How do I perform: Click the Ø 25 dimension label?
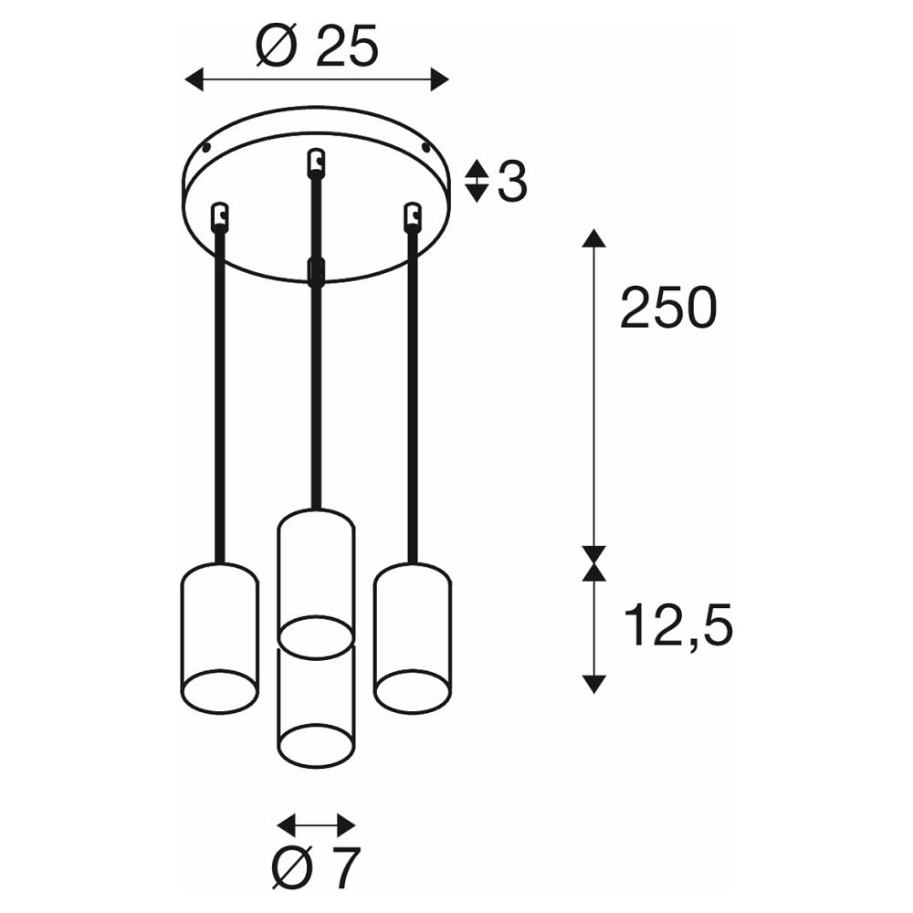pyautogui.click(x=317, y=45)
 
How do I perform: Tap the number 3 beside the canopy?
pyautogui.click(x=512, y=181)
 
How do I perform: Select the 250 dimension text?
pyautogui.click(x=668, y=308)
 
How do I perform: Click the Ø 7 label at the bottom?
pyautogui.click(x=316, y=866)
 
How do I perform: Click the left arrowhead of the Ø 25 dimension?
pyautogui.click(x=194, y=79)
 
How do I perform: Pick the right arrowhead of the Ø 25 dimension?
pyautogui.click(x=440, y=79)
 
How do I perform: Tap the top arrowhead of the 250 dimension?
pyautogui.click(x=593, y=238)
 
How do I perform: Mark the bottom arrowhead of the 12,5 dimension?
pyautogui.click(x=593, y=684)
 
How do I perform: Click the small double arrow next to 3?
pyautogui.click(x=477, y=181)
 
